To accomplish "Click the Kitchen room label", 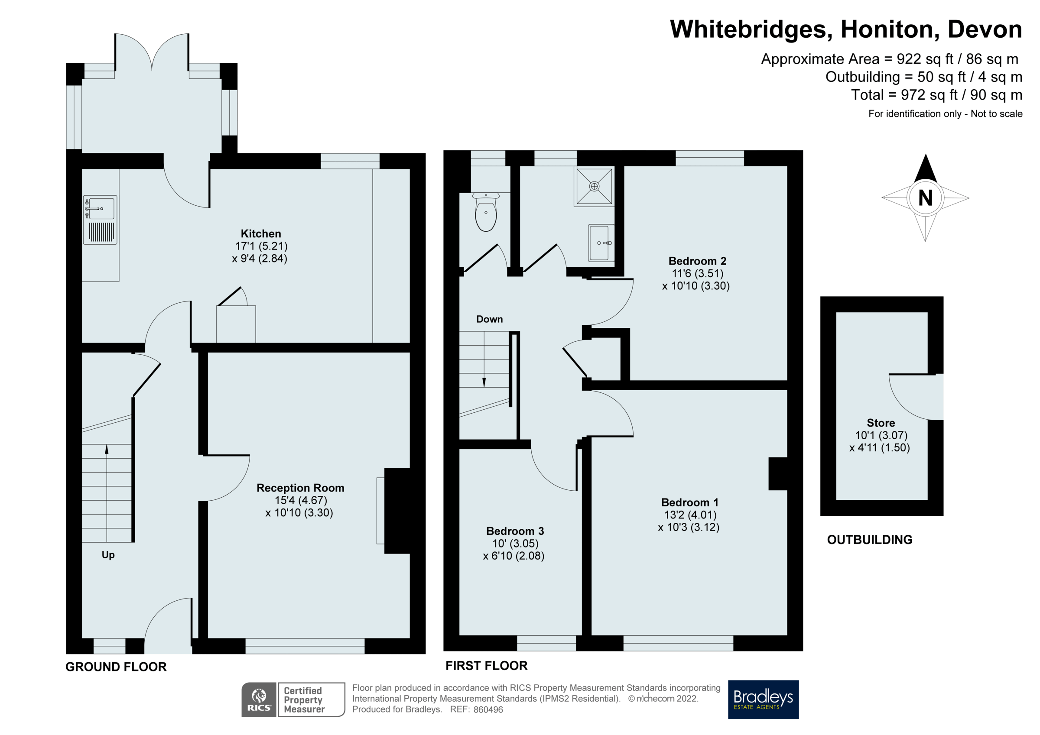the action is click(x=261, y=234).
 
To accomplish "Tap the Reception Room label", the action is click(x=300, y=488).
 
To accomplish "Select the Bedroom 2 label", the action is click(x=697, y=261).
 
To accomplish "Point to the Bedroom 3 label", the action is click(x=515, y=531).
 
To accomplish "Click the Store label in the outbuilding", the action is click(x=881, y=423).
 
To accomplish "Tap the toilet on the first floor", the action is click(x=486, y=212).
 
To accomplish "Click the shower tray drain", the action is click(x=594, y=186).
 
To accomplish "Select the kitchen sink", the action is click(x=100, y=220).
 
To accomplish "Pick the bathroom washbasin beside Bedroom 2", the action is click(x=601, y=243).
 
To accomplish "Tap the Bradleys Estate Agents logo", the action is click(x=763, y=699).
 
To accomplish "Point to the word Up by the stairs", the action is click(x=108, y=555).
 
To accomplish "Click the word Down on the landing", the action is click(x=489, y=319).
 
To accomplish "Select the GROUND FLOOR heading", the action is click(x=116, y=667).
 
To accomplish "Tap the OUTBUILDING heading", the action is click(x=870, y=539).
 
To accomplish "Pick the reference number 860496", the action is click(x=488, y=709).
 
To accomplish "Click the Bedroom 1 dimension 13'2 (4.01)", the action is click(x=690, y=515).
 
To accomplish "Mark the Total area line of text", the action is click(x=937, y=95).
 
